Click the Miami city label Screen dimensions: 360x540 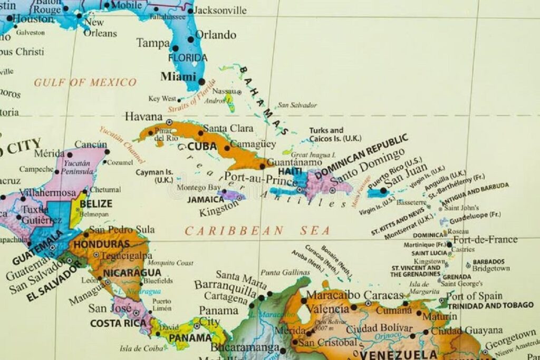pyautogui.click(x=178, y=76)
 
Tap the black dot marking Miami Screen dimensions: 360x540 pyautogui.click(x=201, y=82)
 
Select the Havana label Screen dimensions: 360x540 pyautogui.click(x=143, y=116)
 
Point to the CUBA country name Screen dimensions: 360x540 pyautogui.click(x=202, y=146)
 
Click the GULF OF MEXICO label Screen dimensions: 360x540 pyautogui.click(x=85, y=82)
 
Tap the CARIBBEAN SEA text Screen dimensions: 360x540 pyautogui.click(x=257, y=230)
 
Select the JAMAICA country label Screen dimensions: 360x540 pyautogui.click(x=206, y=200)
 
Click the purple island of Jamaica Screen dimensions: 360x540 pyautogui.click(x=231, y=196)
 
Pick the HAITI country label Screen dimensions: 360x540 pyautogui.click(x=290, y=172)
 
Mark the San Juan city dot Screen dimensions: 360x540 pyautogui.click(x=383, y=191)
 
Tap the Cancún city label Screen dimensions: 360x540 pyautogui.click(x=90, y=144)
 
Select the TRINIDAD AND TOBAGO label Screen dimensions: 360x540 pyautogui.click(x=490, y=305)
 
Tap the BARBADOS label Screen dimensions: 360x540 pyautogui.click(x=488, y=261)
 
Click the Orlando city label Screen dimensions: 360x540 pyautogui.click(x=216, y=35)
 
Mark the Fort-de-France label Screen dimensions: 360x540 pyautogui.click(x=485, y=240)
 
